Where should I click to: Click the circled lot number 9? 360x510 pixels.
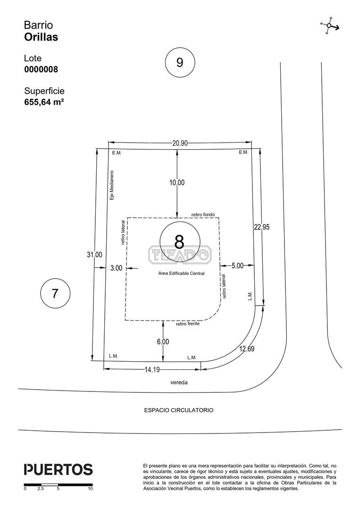pyautogui.click(x=180, y=62)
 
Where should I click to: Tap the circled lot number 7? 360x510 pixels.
pyautogui.click(x=55, y=293)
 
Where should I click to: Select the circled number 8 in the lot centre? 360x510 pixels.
pyautogui.click(x=180, y=241)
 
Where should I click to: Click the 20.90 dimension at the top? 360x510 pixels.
pyautogui.click(x=180, y=143)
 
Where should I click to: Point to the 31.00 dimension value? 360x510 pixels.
pyautogui.click(x=94, y=255)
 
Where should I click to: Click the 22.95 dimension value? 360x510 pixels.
pyautogui.click(x=261, y=227)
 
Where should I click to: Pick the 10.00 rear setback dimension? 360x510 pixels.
pyautogui.click(x=177, y=183)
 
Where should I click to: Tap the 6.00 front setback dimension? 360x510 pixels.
pyautogui.click(x=163, y=341)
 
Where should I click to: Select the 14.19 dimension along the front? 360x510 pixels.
pyautogui.click(x=152, y=370)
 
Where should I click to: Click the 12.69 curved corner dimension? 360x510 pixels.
pyautogui.click(x=247, y=349)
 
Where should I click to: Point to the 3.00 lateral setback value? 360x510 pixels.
pyautogui.click(x=117, y=268)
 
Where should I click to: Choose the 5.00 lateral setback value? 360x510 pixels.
pyautogui.click(x=237, y=266)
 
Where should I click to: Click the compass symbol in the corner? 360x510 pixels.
pyautogui.click(x=329, y=25)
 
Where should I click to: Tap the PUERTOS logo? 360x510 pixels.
pyautogui.click(x=59, y=469)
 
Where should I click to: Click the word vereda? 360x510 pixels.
pyautogui.click(x=179, y=382)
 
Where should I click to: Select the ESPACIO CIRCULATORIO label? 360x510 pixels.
pyautogui.click(x=179, y=410)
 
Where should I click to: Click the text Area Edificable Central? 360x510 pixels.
pyautogui.click(x=181, y=273)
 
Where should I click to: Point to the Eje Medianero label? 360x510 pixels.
pyautogui.click(x=112, y=186)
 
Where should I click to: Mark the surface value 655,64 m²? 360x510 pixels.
pyautogui.click(x=44, y=102)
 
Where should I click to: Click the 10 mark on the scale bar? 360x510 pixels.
pyautogui.click(x=90, y=489)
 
